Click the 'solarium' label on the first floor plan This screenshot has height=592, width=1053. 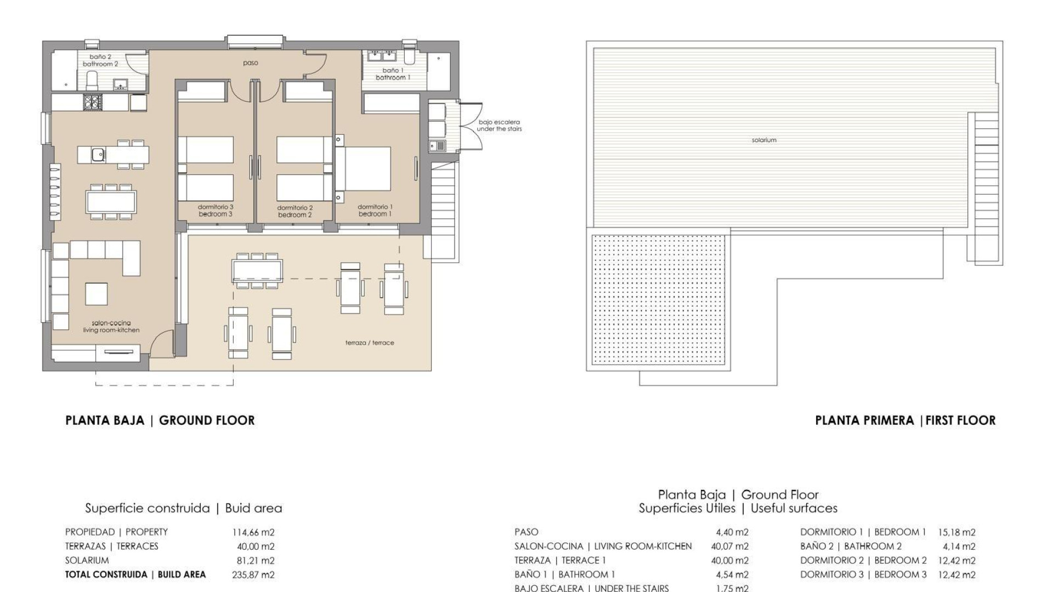pyautogui.click(x=764, y=140)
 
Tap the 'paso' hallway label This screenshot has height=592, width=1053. pyautogui.click(x=251, y=63)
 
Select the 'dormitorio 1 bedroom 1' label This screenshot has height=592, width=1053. pyautogui.click(x=375, y=210)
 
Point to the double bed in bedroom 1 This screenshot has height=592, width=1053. pyautogui.click(x=364, y=169)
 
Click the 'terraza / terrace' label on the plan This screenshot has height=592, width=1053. pyautogui.click(x=370, y=343)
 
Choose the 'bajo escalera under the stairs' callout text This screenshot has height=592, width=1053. pyautogui.click(x=499, y=126)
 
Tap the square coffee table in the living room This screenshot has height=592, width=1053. pyautogui.click(x=97, y=294)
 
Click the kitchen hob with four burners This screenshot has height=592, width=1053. pyautogui.click(x=92, y=102)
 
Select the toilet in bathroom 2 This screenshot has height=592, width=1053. pyautogui.click(x=92, y=80)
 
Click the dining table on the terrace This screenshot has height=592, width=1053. pyautogui.click(x=257, y=270)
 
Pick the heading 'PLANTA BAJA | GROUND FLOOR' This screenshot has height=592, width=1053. pyautogui.click(x=160, y=420)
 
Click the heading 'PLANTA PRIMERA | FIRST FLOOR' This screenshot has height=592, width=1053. pyautogui.click(x=905, y=420)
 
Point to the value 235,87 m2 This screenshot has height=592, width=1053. pyautogui.click(x=253, y=575)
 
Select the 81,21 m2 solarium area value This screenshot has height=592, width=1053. pyautogui.click(x=256, y=561)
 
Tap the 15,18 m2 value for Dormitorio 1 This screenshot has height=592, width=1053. pyautogui.click(x=957, y=532)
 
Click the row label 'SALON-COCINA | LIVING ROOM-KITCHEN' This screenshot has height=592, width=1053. pyautogui.click(x=603, y=547)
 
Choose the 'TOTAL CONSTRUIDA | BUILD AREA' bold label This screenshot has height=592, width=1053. pyautogui.click(x=135, y=575)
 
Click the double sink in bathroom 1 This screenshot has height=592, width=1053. pyautogui.click(x=382, y=55)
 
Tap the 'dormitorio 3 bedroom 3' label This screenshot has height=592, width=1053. pyautogui.click(x=216, y=210)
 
